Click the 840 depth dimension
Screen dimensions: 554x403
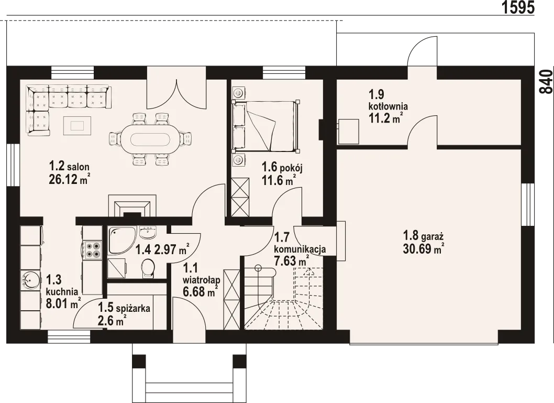546,81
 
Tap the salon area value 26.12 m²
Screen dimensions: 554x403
69,180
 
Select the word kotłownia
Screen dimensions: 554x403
389,106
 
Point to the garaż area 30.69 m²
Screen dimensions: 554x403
423,249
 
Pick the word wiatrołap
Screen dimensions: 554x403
202,280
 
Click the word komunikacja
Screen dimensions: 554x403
300,249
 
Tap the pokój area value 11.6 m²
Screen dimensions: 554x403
279,181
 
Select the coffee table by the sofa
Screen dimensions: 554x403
77,126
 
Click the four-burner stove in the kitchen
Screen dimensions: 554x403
92,249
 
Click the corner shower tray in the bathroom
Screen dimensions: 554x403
121,241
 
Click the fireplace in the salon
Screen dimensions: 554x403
132,205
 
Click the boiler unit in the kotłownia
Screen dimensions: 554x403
348,131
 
